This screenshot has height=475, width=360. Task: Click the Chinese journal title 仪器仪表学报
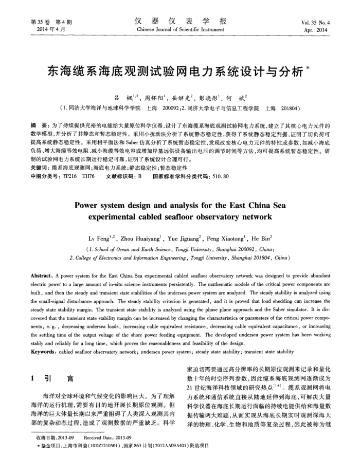(x=179, y=22)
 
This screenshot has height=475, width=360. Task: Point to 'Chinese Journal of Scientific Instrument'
(x=179, y=31)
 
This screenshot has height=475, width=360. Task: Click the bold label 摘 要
(x=40, y=125)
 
